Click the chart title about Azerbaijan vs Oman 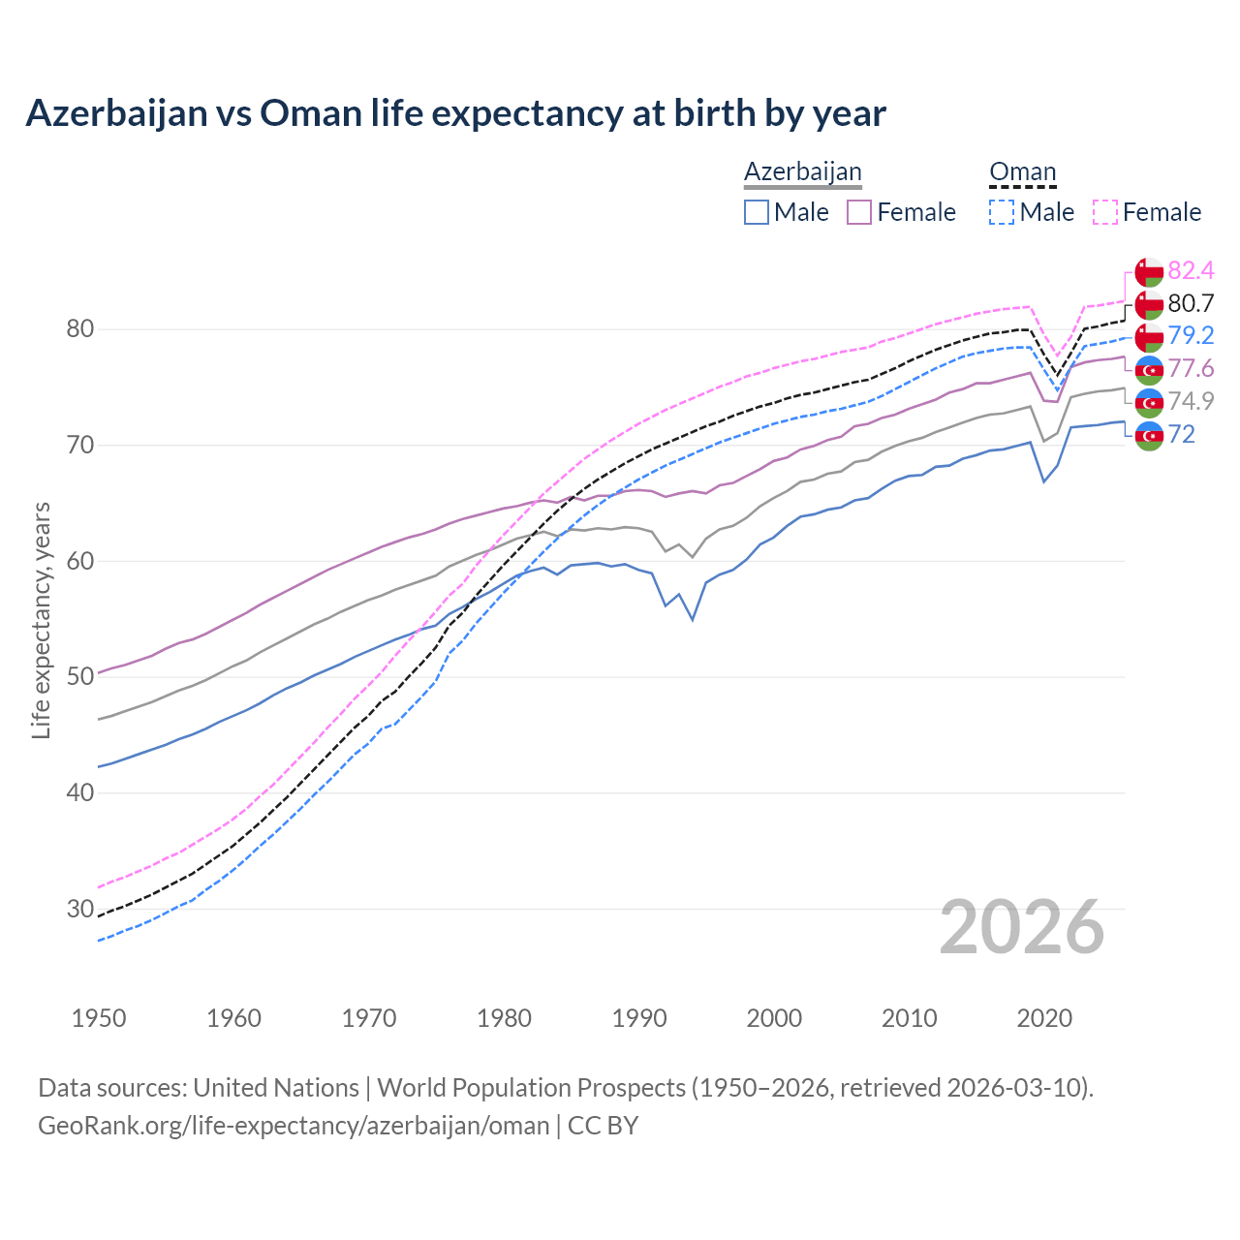point(455,113)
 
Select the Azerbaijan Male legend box point(757,212)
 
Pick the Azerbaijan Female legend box point(859,212)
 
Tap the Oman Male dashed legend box point(1002,212)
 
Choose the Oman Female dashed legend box point(1104,212)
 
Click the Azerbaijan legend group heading point(802,171)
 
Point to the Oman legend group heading point(1022,171)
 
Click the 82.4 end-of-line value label point(1191,270)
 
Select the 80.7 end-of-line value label point(1191,303)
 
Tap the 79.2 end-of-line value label point(1191,335)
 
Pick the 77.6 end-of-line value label point(1191,368)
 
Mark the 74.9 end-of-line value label point(1191,401)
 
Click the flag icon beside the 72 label point(1149,435)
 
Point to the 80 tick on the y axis point(80,329)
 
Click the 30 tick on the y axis point(80,909)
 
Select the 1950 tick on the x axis point(99,1018)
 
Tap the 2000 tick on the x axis point(774,1018)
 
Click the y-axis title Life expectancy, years point(41,620)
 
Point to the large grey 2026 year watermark point(1021,927)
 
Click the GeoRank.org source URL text point(294,1126)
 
